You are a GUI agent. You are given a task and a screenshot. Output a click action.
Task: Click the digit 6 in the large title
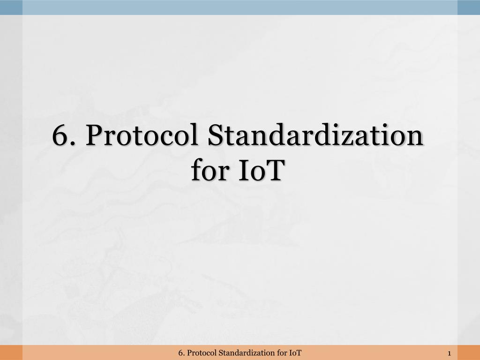point(60,135)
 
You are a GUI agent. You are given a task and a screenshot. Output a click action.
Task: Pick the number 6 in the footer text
point(180,353)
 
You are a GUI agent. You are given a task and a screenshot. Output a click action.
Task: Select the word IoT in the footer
point(295,353)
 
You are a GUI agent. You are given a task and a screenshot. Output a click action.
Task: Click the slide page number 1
point(450,353)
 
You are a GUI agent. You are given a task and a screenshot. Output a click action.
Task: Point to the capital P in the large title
point(94,135)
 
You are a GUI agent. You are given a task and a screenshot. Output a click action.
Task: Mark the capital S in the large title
point(216,135)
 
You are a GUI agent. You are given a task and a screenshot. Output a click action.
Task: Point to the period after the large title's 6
point(72,143)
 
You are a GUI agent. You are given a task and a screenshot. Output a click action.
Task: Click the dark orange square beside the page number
point(469,352)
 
